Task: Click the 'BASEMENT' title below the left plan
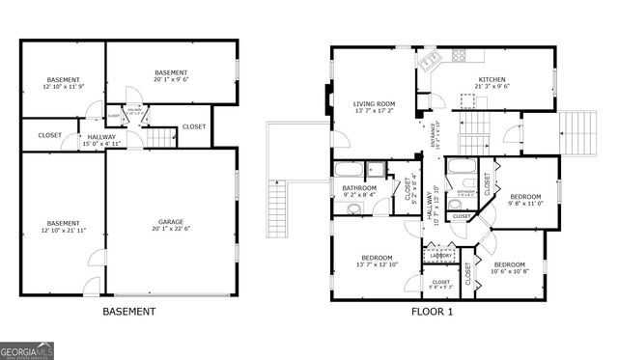tap(128, 312)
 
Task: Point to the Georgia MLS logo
tap(27, 350)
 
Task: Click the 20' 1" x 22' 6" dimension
tap(171, 230)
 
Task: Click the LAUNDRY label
tap(441, 256)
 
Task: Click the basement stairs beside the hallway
tap(163, 137)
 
